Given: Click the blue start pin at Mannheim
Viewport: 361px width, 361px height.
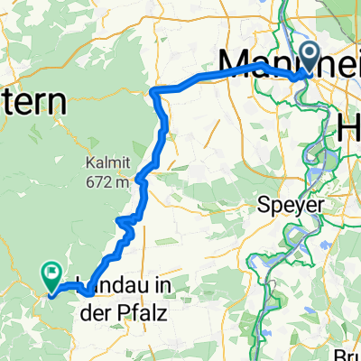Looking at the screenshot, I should (310, 57).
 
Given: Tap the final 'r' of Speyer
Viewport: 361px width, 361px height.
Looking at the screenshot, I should (319, 206).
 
